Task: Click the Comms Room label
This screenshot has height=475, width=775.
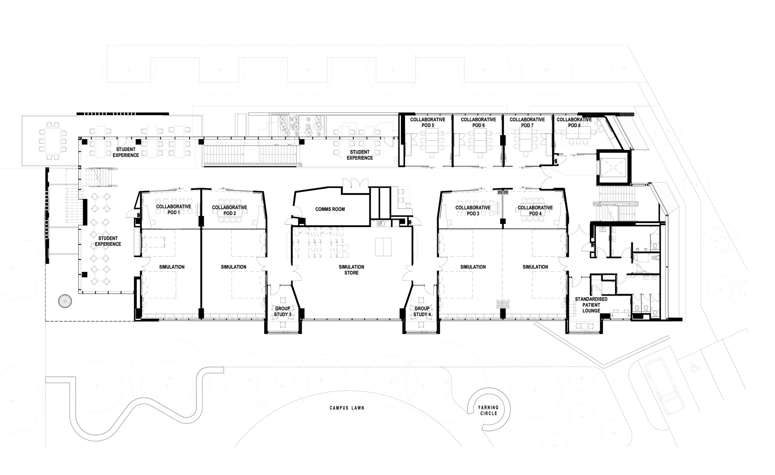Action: click(330, 209)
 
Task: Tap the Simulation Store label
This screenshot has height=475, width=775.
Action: click(351, 270)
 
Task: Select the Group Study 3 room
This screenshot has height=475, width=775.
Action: click(283, 311)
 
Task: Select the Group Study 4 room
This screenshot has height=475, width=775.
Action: click(422, 311)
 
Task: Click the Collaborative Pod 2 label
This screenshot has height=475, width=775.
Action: click(229, 210)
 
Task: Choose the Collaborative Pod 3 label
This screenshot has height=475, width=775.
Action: click(473, 210)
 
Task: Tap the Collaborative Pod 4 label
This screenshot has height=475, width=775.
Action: click(535, 210)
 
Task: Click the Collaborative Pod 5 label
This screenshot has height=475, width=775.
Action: click(427, 122)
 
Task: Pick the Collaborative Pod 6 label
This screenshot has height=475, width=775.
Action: click(478, 122)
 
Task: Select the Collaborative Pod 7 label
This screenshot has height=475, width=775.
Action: click(527, 122)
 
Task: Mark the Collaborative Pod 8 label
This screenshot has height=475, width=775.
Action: click(574, 122)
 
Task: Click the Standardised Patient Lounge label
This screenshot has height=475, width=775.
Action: click(591, 305)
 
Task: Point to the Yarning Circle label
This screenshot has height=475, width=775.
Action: click(488, 410)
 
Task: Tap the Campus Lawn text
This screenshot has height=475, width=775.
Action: click(347, 408)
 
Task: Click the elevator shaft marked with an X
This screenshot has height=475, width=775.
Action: click(613, 167)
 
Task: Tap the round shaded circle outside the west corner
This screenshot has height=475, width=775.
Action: click(64, 301)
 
